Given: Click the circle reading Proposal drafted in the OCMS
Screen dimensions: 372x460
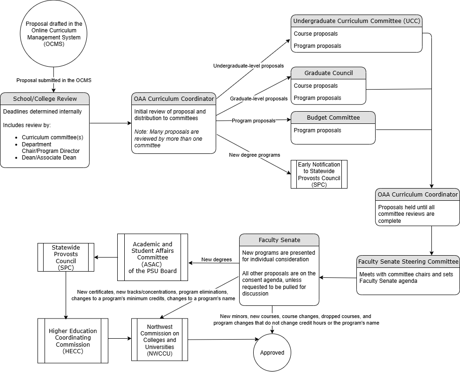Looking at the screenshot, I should (54, 34).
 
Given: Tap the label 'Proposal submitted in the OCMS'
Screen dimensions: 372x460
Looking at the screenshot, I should (54, 80).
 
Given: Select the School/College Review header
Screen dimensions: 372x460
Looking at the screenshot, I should (45, 99).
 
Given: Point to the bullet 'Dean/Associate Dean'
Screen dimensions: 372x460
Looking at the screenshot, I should (49, 158).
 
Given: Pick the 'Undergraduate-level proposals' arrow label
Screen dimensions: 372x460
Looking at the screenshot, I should (249, 66).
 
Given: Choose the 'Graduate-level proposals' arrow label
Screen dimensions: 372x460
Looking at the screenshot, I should (259, 99).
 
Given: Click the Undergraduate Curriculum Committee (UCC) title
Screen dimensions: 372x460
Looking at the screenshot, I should (356, 21).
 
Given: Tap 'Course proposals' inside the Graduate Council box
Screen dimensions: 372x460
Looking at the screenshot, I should (316, 86).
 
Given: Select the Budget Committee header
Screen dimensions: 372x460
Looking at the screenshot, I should (333, 117).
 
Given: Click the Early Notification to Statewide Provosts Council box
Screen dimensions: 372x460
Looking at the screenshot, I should (319, 174).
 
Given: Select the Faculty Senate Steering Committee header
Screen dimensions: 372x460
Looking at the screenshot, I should (408, 261).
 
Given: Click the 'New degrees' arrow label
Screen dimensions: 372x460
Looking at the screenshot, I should (217, 259).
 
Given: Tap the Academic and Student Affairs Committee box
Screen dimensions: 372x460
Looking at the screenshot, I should (152, 258).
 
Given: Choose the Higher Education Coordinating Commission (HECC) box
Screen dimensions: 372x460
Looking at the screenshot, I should (73, 341).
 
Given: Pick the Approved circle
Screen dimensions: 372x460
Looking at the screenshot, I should (272, 352).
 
